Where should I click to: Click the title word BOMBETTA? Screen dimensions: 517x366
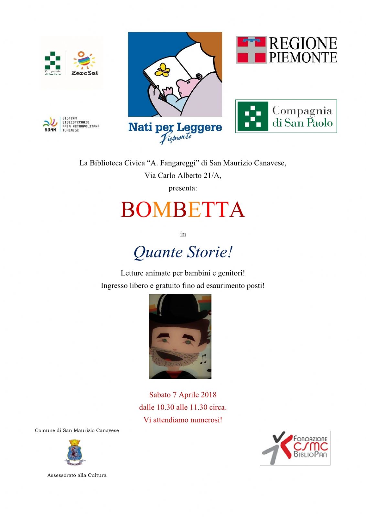tap(183, 210)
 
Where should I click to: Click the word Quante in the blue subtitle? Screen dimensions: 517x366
tap(158, 252)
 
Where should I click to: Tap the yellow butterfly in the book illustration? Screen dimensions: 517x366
tap(162, 70)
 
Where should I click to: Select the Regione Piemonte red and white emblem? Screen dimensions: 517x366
tap(251, 50)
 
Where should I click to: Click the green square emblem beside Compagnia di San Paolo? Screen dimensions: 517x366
tap(253, 116)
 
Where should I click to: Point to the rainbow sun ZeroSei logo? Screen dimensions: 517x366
tap(84, 61)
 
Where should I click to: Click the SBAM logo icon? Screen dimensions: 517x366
tap(50, 124)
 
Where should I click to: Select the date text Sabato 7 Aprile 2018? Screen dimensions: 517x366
tap(183, 395)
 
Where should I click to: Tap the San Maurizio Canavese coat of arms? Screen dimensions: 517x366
tap(75, 452)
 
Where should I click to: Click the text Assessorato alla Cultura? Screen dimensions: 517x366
tap(77, 475)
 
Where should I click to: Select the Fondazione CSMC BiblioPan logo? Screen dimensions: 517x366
tap(295, 448)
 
